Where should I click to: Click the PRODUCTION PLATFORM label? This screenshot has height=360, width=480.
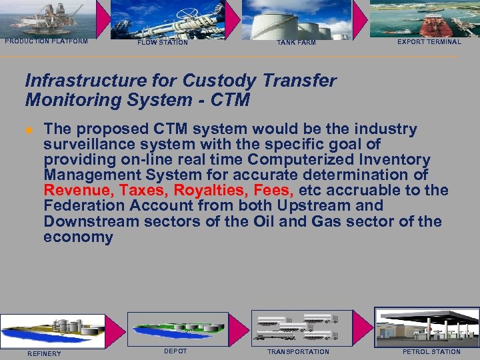(46, 41)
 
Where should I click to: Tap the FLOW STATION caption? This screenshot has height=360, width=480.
(163, 43)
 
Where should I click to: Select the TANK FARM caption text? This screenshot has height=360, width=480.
(296, 43)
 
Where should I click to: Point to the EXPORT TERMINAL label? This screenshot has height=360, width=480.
(429, 42)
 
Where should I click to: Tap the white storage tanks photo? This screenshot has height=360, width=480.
(296, 19)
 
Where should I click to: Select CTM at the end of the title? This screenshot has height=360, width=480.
(229, 101)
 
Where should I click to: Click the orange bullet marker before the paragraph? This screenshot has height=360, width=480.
(29, 130)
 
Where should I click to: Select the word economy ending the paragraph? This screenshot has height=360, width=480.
(78, 237)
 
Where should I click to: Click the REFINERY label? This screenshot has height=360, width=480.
(44, 353)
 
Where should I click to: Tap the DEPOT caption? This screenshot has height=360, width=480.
(175, 351)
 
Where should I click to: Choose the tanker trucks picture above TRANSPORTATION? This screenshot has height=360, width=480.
(297, 327)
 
